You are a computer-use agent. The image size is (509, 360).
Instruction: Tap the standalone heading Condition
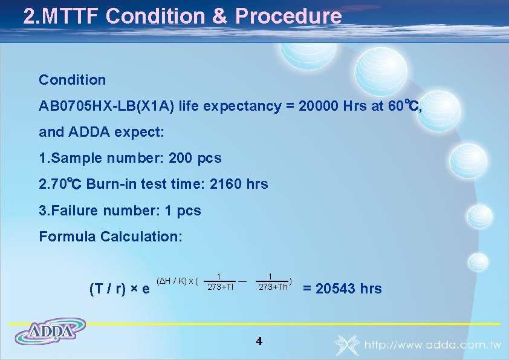[x=72, y=80]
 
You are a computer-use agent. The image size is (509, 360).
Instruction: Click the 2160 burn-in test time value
[x=225, y=184]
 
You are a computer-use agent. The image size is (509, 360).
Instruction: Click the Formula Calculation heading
[x=110, y=237]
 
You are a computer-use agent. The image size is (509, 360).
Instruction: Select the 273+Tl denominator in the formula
[x=220, y=287]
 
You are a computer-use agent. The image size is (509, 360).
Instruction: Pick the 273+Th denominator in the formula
[x=273, y=287]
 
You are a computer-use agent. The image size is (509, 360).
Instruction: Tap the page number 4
[x=259, y=341]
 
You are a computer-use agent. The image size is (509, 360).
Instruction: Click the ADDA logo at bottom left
[x=51, y=332]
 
